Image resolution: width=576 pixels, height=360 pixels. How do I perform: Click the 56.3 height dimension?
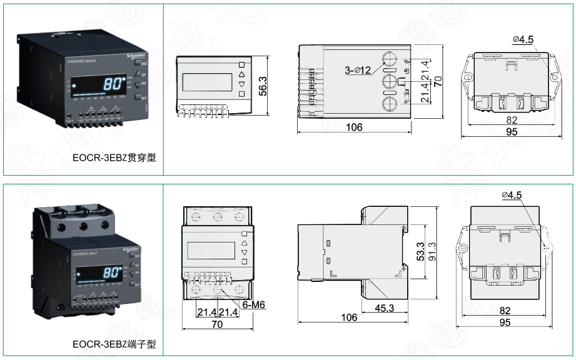(x=263, y=86)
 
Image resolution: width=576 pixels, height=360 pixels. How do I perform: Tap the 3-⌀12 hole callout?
(x=358, y=71)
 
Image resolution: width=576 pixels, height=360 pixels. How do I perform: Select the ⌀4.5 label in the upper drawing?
(x=523, y=40)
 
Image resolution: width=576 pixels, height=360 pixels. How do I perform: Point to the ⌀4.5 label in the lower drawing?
(x=511, y=195)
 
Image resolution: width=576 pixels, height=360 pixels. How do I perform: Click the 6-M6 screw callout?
(x=253, y=304)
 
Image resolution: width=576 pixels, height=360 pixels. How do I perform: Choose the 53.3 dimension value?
(x=420, y=252)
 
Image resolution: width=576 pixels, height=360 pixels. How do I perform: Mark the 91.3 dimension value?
(x=432, y=252)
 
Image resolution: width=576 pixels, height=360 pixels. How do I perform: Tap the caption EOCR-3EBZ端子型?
(x=113, y=344)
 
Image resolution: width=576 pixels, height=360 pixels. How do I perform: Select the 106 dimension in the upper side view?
(x=354, y=127)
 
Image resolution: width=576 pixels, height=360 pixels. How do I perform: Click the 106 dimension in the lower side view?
(x=349, y=317)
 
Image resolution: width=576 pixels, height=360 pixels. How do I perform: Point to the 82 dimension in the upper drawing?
(x=512, y=120)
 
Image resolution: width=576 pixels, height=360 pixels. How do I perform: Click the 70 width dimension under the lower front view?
(x=218, y=324)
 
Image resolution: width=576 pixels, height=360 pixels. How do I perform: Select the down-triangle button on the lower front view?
(x=244, y=252)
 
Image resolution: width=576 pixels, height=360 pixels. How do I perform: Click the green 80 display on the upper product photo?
(x=113, y=84)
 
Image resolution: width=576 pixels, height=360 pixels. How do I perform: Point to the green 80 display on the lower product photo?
(x=111, y=273)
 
